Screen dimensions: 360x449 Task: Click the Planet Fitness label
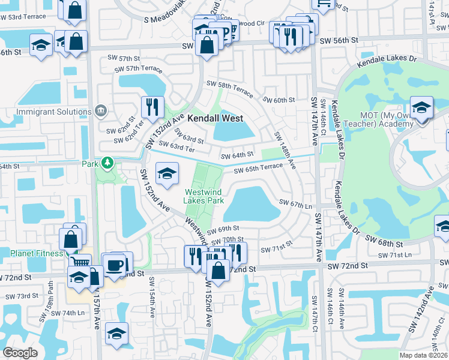[x=31, y=253]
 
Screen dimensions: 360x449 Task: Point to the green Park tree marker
[x=107, y=163]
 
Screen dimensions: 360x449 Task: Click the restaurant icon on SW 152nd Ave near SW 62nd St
[x=152, y=106]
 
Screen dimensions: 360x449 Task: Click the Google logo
[x=20, y=353]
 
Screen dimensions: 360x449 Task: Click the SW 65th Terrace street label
[x=258, y=169]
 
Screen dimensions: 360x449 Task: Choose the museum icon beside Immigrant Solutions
[x=100, y=111]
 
